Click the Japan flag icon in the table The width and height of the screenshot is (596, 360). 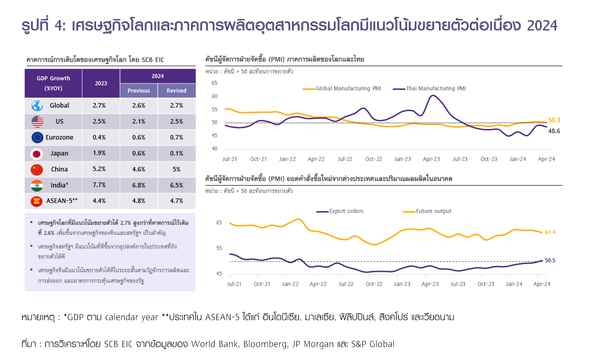[37, 153]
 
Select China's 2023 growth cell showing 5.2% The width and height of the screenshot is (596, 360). [99, 169]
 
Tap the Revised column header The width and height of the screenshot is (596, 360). [176, 91]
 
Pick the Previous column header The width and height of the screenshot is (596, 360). [139, 91]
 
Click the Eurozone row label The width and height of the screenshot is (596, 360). [59, 137]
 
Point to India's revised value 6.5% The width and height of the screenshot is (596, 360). [176, 185]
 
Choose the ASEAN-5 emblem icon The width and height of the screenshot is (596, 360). [37, 201]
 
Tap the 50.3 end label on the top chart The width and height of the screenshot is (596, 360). [554, 120]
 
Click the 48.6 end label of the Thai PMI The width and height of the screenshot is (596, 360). [554, 131]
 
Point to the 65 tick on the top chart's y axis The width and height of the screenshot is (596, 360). [214, 83]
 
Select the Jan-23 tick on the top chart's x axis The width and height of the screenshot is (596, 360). [402, 159]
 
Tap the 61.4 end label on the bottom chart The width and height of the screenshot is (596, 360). [550, 232]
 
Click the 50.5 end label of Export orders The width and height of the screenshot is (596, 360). [550, 260]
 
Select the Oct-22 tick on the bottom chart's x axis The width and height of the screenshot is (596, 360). [374, 284]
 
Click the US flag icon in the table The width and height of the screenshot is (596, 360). [37, 122]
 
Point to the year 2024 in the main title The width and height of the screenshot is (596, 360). [542, 25]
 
